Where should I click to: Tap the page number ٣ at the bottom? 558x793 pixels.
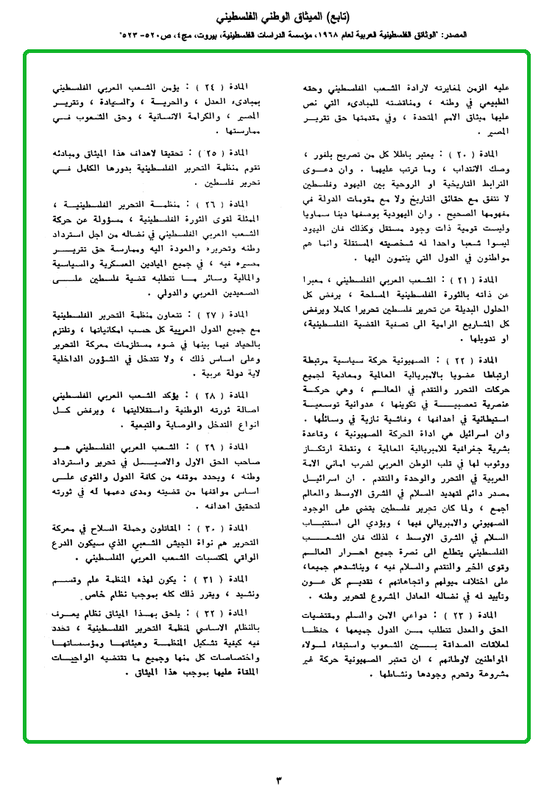point(278,778)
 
